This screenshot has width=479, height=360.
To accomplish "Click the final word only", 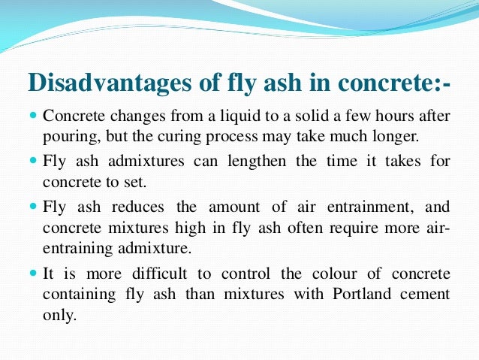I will (x=59, y=315).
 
